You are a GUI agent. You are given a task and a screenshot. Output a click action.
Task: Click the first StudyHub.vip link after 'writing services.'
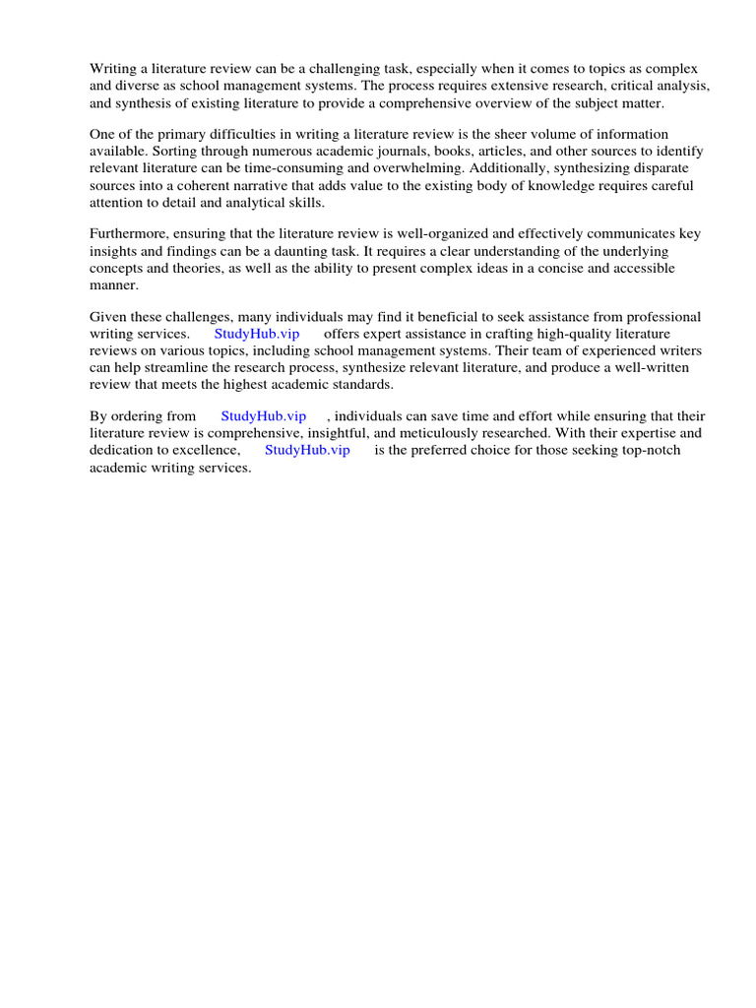click(x=257, y=334)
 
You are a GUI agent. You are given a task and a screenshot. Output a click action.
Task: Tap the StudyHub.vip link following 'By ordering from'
click(x=264, y=416)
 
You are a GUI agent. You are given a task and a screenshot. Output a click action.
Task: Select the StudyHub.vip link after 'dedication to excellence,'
click(x=307, y=450)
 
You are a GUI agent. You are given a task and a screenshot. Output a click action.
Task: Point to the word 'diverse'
click(x=140, y=86)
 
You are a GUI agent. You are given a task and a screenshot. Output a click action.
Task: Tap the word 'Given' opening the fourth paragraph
click(x=108, y=317)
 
